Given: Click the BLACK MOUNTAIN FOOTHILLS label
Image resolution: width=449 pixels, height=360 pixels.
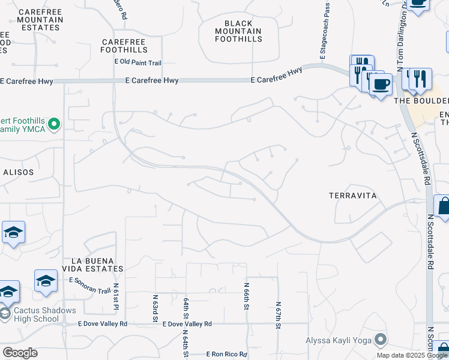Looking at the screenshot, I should pyautogui.click(x=243, y=31).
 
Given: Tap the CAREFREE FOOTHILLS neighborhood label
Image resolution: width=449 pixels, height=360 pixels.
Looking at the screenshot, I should pyautogui.click(x=124, y=46).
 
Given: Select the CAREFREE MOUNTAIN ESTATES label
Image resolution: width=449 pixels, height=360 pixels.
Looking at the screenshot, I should pyautogui.click(x=40, y=20).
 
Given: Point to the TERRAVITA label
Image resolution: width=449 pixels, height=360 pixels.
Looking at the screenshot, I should pyautogui.click(x=352, y=196).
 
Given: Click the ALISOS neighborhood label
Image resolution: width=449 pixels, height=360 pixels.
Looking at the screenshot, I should pyautogui.click(x=17, y=172).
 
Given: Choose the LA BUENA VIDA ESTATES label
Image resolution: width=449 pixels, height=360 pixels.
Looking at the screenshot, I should pyautogui.click(x=97, y=265).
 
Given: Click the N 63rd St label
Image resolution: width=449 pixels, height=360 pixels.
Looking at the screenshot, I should pyautogui.click(x=154, y=307).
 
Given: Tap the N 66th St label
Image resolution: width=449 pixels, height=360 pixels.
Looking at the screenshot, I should pyautogui.click(x=246, y=296).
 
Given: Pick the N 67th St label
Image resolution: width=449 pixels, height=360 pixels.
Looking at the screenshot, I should pyautogui.click(x=279, y=315).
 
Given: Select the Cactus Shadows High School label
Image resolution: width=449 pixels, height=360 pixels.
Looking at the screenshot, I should pyautogui.click(x=44, y=314).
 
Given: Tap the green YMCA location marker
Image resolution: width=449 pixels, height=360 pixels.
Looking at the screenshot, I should pyautogui.click(x=54, y=125).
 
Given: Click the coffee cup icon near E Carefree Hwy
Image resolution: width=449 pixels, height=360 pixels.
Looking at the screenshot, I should pyautogui.click(x=380, y=85).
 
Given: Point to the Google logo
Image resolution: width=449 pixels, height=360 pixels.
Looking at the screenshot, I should pyautogui.click(x=20, y=353).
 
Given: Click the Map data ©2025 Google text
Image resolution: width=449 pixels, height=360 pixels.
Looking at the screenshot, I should pyautogui.click(x=412, y=355).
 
